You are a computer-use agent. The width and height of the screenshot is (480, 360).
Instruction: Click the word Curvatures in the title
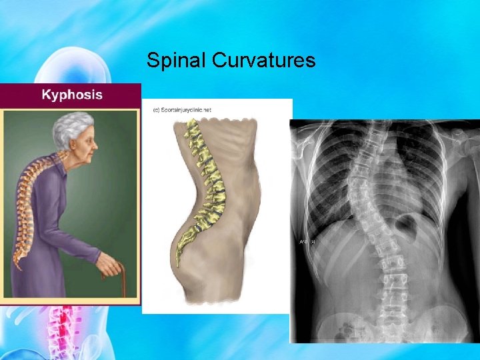(264, 61)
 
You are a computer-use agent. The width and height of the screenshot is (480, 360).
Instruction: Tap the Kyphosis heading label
(72, 95)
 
